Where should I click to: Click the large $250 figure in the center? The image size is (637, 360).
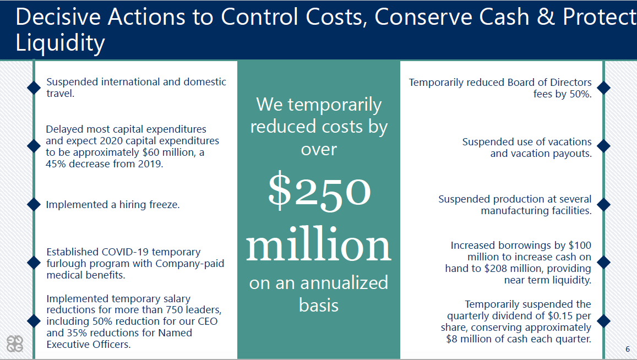[x=319, y=190]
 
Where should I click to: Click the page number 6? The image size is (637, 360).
[x=628, y=349]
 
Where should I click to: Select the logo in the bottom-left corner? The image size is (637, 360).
[x=15, y=343]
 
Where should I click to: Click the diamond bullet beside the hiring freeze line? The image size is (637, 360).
[x=34, y=204]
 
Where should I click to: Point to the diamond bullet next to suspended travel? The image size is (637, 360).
[x=34, y=88]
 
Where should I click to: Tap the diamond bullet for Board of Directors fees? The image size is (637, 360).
[x=603, y=88]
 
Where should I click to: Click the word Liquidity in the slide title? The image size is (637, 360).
[x=60, y=43]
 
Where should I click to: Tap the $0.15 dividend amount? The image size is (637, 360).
[x=545, y=316]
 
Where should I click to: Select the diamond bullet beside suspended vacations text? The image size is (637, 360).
[x=603, y=146]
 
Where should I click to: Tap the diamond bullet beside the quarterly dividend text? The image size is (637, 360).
[x=603, y=321]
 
